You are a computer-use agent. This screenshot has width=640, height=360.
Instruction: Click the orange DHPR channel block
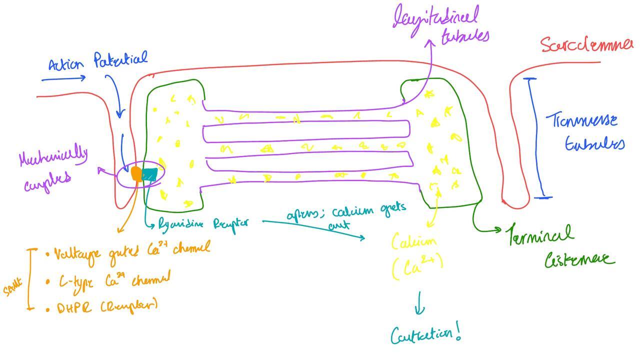pyautogui.click(x=136, y=174)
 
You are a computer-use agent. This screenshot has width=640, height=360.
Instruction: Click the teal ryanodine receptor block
pyautogui.click(x=149, y=174)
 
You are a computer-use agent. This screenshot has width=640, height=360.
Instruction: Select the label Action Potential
pyautogui.click(x=98, y=62)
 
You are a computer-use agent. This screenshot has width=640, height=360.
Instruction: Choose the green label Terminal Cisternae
pyautogui.click(x=560, y=246)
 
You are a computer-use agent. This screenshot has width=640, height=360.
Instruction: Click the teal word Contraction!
pyautogui.click(x=425, y=334)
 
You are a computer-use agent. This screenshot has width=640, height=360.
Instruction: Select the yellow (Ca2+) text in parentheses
pyautogui.click(x=417, y=267)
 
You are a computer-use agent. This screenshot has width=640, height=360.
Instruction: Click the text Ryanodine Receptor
pyautogui.click(x=203, y=223)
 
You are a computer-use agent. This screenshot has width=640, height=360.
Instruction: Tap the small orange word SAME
pyautogui.click(x=13, y=288)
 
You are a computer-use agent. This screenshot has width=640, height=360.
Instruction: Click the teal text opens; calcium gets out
pyautogui.click(x=345, y=215)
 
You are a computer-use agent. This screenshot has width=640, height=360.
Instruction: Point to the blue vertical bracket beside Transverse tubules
pyautogui.click(x=537, y=138)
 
